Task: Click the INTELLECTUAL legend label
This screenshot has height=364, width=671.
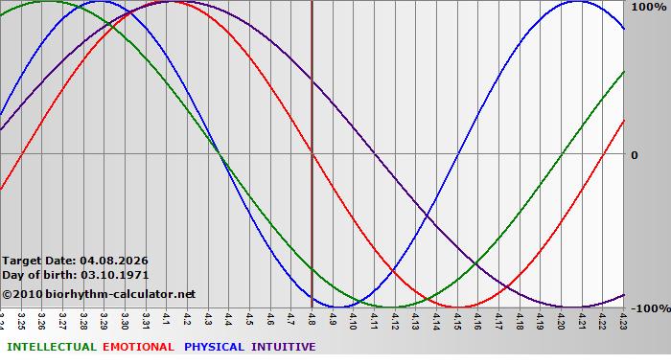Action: (51, 347)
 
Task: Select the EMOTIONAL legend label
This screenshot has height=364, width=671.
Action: (138, 347)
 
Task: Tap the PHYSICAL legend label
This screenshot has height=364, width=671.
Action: (214, 347)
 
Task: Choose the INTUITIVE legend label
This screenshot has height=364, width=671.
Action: (284, 347)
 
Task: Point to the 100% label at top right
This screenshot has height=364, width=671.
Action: (648, 7)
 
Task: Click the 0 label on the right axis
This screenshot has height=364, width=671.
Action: (634, 155)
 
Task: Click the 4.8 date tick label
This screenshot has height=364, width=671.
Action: (312, 318)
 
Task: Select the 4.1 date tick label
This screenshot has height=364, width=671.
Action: (167, 318)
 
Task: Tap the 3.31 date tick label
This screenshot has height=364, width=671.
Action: (146, 319)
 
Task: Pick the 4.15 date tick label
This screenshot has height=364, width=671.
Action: (457, 319)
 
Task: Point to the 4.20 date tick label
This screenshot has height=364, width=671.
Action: (562, 319)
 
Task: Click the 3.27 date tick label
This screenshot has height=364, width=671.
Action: (62, 319)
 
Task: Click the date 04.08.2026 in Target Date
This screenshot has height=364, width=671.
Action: (114, 261)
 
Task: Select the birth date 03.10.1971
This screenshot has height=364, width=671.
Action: (114, 275)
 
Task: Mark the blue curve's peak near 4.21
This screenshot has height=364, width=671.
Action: (576, 1)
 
